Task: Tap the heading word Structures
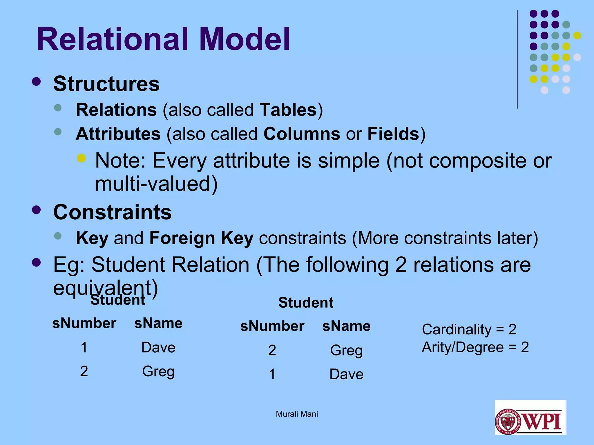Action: (106, 84)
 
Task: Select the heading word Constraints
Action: (112, 212)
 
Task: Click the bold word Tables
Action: (288, 110)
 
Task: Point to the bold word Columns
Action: (302, 134)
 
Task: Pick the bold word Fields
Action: (393, 134)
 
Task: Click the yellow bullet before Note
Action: (82, 158)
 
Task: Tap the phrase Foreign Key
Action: (201, 238)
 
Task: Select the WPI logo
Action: (530, 417)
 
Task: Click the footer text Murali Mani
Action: (297, 414)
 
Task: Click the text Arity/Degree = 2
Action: (475, 347)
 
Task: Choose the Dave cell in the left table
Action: (158, 347)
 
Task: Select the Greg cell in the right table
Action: (346, 350)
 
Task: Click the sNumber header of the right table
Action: (272, 326)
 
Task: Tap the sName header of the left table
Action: (158, 323)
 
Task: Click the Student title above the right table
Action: (306, 303)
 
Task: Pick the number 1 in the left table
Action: (84, 347)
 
